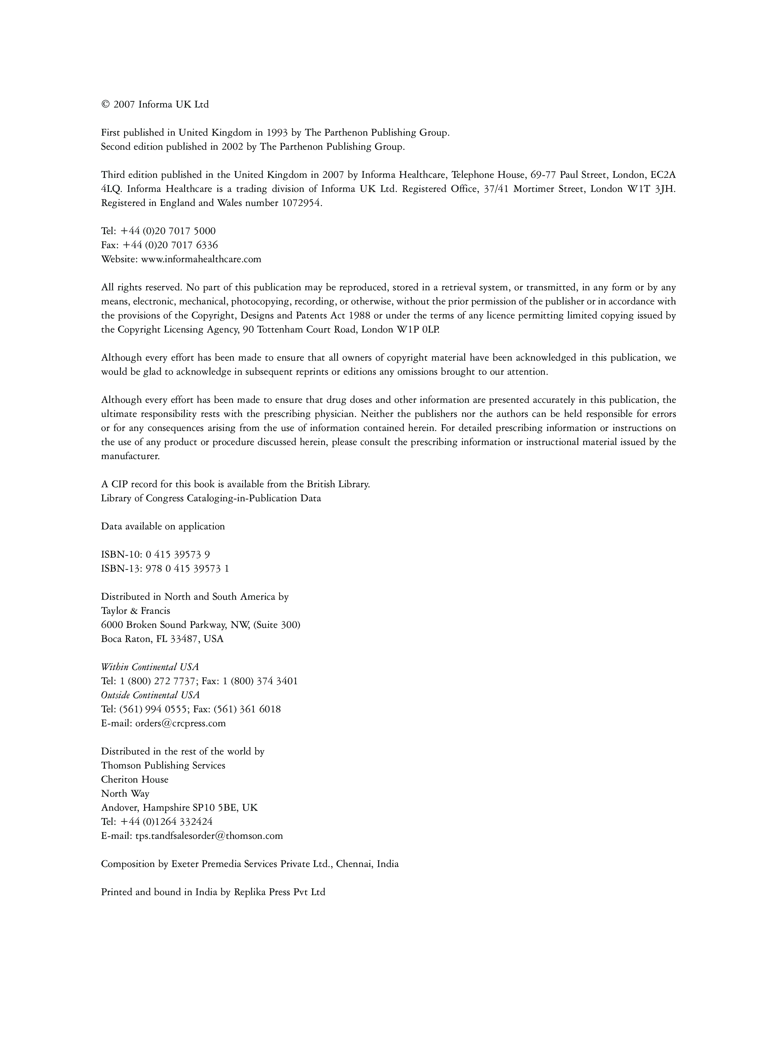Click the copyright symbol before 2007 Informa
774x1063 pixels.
tap(105, 105)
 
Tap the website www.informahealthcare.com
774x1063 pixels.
tap(201, 259)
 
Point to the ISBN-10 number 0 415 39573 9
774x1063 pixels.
tap(178, 554)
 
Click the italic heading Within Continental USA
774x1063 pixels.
tap(150, 667)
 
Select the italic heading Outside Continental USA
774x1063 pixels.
tap(150, 695)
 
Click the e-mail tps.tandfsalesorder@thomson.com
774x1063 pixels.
tap(209, 836)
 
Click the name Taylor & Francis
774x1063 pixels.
tap(136, 611)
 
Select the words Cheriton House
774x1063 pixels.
tap(135, 779)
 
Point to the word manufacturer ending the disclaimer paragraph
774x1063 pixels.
tap(130, 456)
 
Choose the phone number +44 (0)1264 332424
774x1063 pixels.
tap(167, 822)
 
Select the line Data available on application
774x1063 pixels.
tap(163, 526)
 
